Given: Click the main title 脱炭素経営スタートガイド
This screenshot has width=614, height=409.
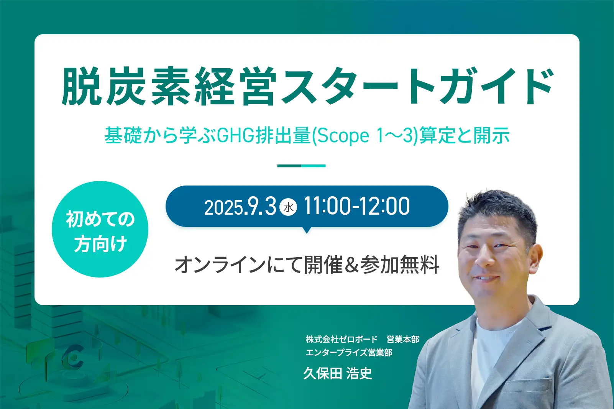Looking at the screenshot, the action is pos(307,86).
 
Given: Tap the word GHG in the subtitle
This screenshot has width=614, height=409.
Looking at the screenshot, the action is pos(235,135).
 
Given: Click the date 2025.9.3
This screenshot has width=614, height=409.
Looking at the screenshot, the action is pos(240,207).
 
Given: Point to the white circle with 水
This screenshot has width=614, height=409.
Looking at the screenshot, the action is pos(288,207).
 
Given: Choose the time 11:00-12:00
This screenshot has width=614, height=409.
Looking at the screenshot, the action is pos(356,207).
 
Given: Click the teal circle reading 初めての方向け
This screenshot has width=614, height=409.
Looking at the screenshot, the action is pos(100,229).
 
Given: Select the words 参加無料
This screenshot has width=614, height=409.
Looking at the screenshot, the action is pos(400,265).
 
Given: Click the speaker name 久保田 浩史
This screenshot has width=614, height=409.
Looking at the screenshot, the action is pos(338,373).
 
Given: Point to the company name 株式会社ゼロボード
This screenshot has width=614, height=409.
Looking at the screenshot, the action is pos(341,339).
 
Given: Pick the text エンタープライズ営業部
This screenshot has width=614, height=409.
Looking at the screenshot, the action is pos(349,353).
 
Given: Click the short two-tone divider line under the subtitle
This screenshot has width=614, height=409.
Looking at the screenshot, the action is pos(301,166).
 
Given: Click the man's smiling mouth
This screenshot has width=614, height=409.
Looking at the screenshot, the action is pos(486,279).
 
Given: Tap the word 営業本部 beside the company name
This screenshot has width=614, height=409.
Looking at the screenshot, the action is pos(403,339).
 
